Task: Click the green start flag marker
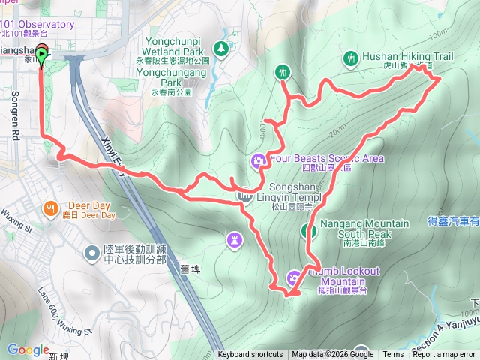41,54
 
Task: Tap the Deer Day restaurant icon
50,208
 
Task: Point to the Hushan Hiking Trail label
408,56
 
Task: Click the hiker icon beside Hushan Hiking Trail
350,58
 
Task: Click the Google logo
28,349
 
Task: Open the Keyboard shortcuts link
250,355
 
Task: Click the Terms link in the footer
393,355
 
